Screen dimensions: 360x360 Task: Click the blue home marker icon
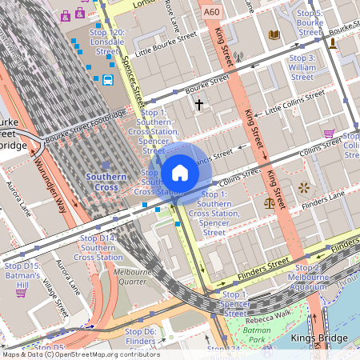[x=180, y=174]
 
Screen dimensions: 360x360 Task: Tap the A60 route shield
[x=211, y=13]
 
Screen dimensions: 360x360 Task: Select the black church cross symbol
[x=199, y=104]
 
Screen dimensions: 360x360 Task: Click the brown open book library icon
[x=274, y=35]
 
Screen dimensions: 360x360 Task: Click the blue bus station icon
[x=107, y=80]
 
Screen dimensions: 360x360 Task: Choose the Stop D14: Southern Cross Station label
[x=98, y=247]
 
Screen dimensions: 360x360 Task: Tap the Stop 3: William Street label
[x=302, y=67]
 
